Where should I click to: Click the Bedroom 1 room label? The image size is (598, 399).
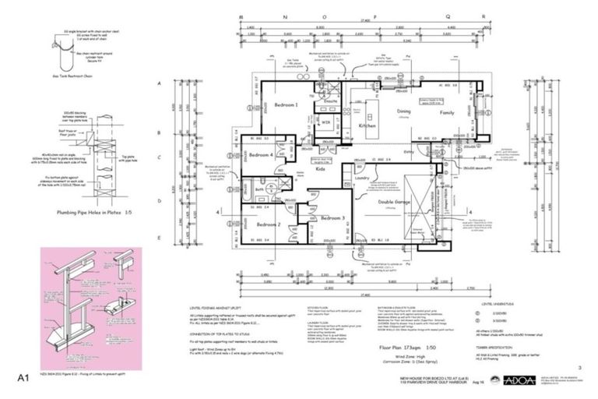click(286, 104)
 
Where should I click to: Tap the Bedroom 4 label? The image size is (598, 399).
click(261, 155)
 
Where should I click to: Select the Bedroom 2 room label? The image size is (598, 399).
click(269, 224)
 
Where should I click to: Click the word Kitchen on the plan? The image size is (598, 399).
click(368, 125)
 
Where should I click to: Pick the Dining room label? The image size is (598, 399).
click(404, 112)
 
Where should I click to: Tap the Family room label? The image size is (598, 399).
click(446, 113)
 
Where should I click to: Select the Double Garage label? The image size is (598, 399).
click(396, 201)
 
